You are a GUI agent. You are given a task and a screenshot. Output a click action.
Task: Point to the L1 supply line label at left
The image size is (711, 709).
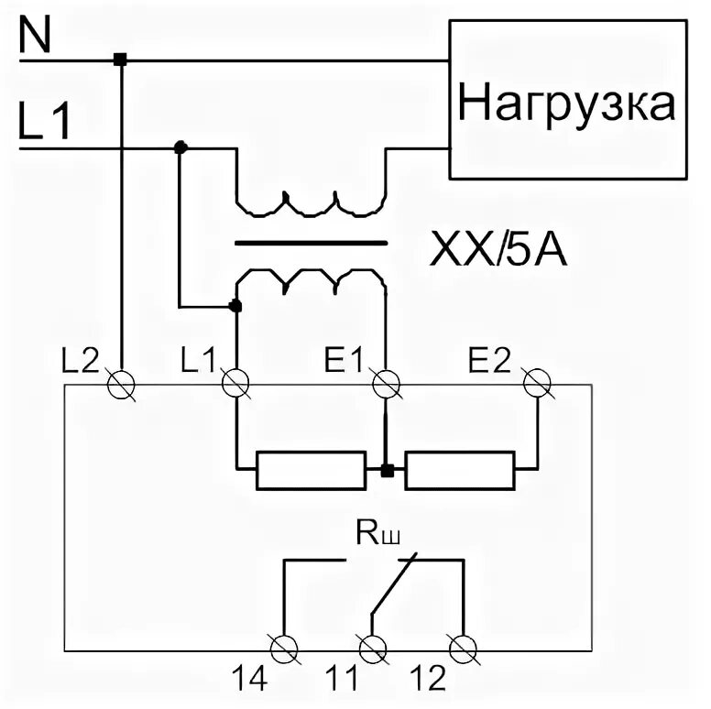44,123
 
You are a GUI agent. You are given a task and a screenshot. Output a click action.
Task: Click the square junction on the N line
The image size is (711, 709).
120,60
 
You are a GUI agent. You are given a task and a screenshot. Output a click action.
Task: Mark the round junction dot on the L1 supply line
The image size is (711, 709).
180,147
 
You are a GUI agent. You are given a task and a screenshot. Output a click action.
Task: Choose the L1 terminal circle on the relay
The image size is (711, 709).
236,384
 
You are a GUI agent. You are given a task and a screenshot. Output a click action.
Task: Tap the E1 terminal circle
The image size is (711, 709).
386,384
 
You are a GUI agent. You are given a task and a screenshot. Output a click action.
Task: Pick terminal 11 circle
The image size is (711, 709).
371,648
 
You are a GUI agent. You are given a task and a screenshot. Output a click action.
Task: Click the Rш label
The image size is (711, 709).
374,534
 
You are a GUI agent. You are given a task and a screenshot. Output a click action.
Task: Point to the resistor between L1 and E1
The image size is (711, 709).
311,471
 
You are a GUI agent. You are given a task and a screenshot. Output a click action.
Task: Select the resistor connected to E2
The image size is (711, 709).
459,471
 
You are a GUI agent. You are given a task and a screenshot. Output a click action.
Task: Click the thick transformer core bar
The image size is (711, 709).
312,244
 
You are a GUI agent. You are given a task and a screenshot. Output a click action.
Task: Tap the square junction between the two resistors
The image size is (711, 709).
387,471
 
